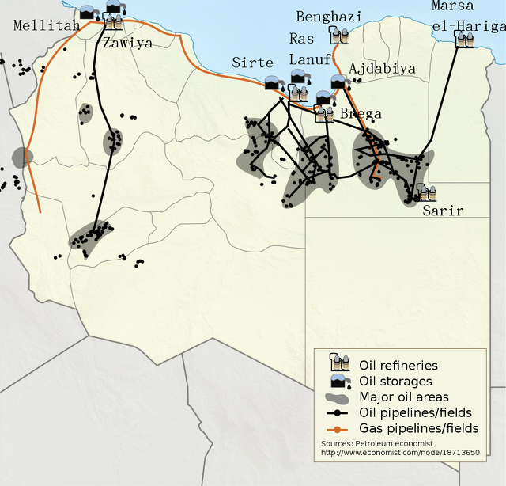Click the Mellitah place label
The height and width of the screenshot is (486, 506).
click(x=47, y=26)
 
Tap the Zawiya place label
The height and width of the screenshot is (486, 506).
click(x=127, y=44)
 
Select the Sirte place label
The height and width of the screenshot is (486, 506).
click(x=252, y=63)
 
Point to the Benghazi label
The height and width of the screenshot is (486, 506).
click(x=329, y=17)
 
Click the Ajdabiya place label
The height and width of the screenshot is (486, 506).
click(x=382, y=69)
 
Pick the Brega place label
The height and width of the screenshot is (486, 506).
click(x=361, y=114)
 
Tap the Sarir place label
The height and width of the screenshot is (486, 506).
click(x=443, y=211)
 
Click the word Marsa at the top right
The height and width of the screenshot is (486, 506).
click(x=453, y=6)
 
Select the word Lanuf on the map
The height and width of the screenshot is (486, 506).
click(x=310, y=60)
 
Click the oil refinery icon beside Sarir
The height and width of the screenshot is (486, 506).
click(x=426, y=192)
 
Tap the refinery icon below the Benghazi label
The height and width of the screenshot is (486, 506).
click(x=340, y=35)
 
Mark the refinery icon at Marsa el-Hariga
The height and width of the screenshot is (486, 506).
click(x=464, y=39)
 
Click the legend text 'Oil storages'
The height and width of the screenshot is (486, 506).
click(x=395, y=381)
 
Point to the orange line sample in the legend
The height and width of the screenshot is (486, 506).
click(x=340, y=428)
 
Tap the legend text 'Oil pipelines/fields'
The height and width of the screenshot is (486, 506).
click(x=415, y=412)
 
